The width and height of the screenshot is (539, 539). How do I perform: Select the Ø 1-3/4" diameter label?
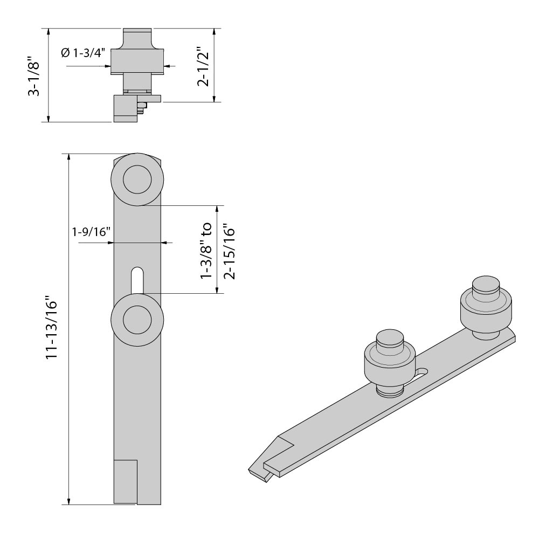82,52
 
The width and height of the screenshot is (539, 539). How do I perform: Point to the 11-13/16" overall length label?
51,328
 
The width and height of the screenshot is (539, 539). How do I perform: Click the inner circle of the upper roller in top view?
137,180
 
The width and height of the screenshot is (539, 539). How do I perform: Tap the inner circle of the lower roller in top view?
137,320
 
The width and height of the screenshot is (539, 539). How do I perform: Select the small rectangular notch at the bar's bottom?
126,482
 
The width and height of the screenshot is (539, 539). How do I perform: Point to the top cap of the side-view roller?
137,38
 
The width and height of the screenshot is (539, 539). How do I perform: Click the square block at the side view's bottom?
126,109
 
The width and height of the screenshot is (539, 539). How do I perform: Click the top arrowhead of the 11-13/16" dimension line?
69,157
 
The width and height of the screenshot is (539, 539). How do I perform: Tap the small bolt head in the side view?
142,106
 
